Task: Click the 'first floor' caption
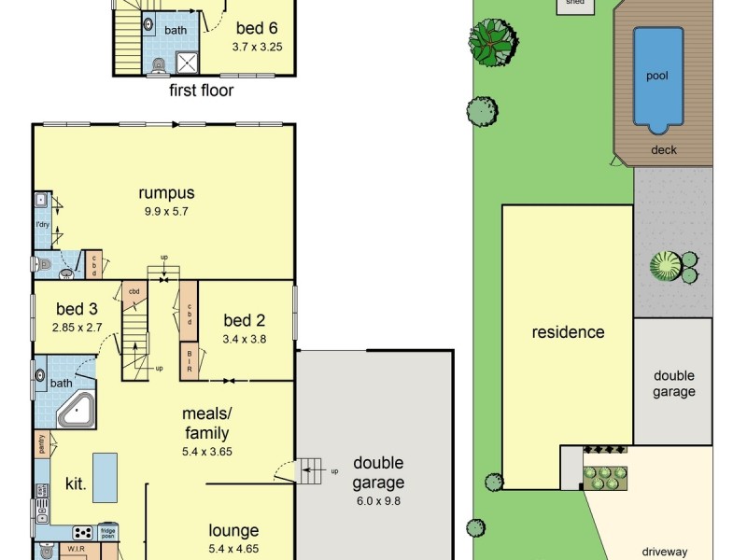click(201, 91)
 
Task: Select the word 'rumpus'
click(166, 193)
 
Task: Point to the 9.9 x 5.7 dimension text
click(166, 211)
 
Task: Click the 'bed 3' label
click(77, 309)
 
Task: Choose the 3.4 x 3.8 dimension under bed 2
click(245, 339)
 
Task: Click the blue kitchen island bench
click(105, 477)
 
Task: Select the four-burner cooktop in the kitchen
click(82, 532)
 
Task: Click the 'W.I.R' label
click(77, 550)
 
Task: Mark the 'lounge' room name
click(233, 531)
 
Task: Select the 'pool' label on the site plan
click(657, 76)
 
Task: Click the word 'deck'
click(663, 149)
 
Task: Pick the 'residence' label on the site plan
click(568, 332)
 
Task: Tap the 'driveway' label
click(664, 552)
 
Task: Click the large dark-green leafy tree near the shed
click(492, 41)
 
